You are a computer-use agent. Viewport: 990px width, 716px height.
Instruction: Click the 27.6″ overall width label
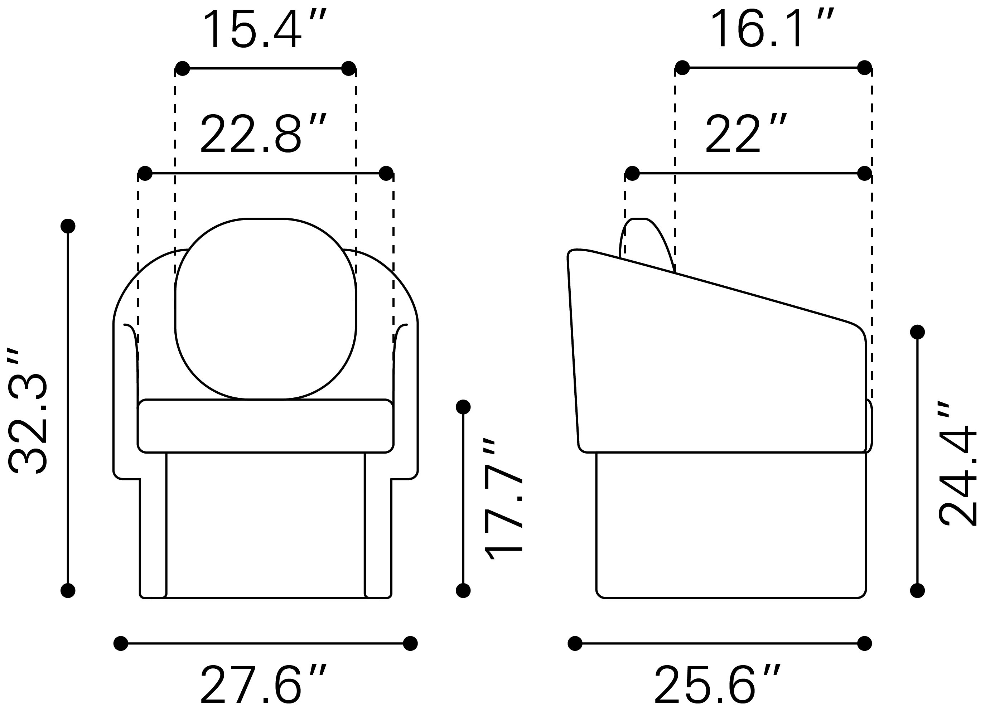[x=264, y=684]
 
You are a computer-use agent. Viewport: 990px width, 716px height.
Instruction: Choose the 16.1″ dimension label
[x=773, y=29]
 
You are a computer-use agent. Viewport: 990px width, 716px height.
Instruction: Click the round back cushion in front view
[x=265, y=309]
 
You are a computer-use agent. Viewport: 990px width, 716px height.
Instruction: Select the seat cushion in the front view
[x=265, y=426]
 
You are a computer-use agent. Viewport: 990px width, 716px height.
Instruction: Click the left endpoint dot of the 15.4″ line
[x=183, y=68]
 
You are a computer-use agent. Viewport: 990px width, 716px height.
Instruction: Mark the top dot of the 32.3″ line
[x=68, y=226]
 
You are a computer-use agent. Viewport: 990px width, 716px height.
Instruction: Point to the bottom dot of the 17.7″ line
[x=463, y=591]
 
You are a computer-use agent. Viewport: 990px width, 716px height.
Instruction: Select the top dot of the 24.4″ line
[x=918, y=332]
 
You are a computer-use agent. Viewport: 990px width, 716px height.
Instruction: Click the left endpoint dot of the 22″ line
[x=632, y=173]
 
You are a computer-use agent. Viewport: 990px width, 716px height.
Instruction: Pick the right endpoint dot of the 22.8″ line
[x=386, y=173]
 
